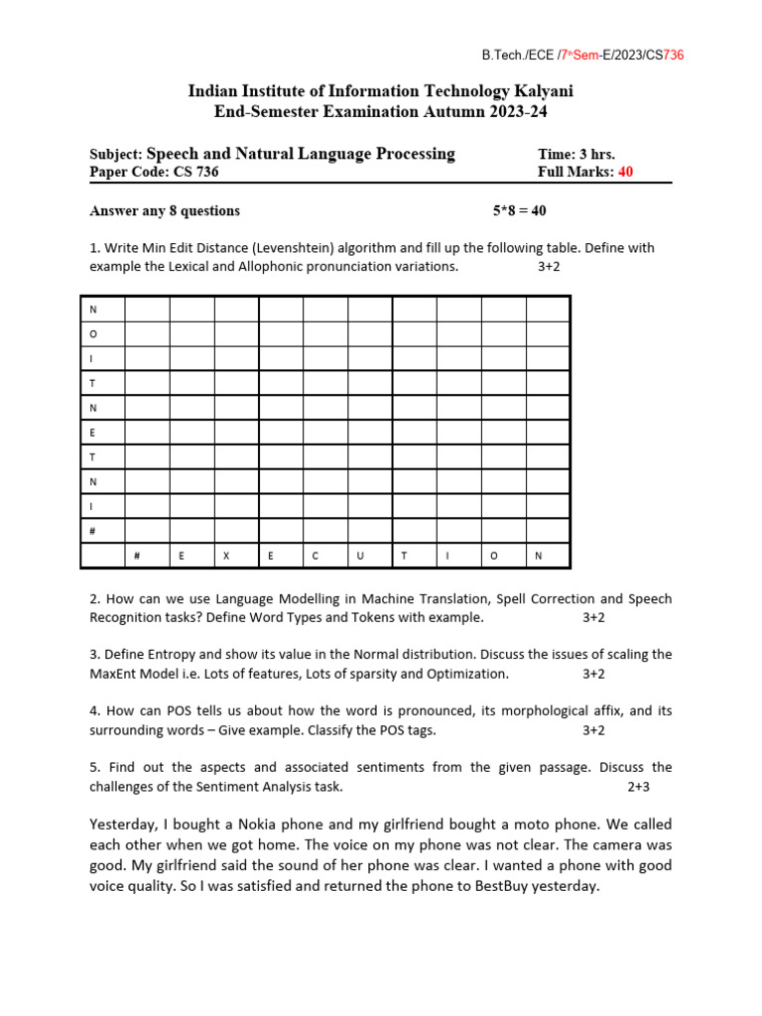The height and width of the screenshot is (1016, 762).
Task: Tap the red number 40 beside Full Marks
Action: [x=625, y=172]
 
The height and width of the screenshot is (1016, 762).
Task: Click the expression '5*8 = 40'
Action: [x=519, y=210]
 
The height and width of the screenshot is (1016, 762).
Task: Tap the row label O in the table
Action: [x=93, y=334]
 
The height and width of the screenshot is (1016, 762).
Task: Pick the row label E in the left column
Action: [x=93, y=433]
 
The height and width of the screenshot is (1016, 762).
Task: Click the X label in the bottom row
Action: [x=226, y=556]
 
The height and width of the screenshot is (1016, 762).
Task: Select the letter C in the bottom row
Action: [x=316, y=556]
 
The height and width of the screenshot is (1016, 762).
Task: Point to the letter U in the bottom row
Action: [x=360, y=556]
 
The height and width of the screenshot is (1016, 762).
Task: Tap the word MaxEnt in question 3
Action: [x=113, y=674]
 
